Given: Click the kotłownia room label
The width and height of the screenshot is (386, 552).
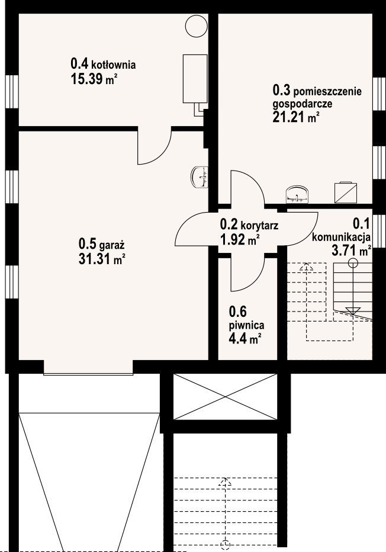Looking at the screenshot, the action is coord(114,65).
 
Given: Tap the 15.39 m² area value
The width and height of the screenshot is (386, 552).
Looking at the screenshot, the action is coord(94,79).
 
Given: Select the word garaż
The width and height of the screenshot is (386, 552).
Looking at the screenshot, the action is coord(112,245).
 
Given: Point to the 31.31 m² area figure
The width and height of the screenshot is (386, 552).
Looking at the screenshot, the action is coord(102,259).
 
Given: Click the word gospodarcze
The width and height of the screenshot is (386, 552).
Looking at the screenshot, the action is coord(303,104).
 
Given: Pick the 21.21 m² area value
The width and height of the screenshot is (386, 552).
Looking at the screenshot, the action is coord(296,117).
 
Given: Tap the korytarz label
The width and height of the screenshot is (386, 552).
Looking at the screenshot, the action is coord(259,225).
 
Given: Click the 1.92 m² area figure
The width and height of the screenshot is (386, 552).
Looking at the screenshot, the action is coord(240,240).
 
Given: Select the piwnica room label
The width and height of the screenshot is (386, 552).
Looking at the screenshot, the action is coord(247,326).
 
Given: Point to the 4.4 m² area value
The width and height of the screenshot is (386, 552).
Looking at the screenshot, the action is coord(245,340).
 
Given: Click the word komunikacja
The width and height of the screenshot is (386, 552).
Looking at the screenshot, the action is coord(341,237).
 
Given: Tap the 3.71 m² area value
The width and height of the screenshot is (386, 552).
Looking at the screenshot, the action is coord(352,251).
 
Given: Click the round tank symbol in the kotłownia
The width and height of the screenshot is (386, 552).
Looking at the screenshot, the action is coord(196,26).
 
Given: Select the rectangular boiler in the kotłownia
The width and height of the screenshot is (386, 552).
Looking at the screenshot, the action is coord(195,79).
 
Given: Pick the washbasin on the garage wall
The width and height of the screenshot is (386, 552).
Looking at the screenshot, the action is coord(200,177).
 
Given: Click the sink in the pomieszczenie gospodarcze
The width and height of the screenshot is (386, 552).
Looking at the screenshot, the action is coord(298,195).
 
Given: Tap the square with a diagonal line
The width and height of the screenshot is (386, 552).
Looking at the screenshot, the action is coord(346,192).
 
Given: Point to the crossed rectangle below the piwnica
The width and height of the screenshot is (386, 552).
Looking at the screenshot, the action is coord(225,397).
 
